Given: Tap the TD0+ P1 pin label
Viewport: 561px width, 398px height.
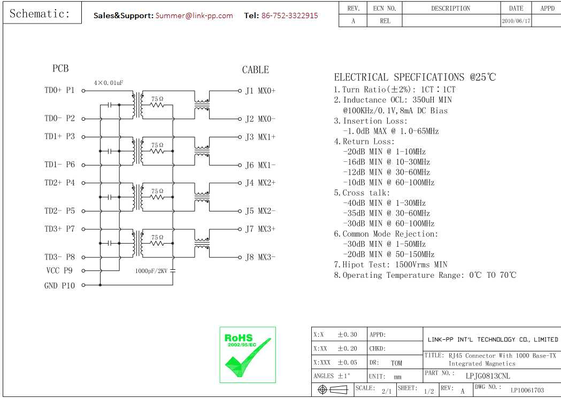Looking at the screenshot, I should tap(59, 90).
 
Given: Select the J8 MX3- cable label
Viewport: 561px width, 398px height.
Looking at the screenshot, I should tap(260, 257).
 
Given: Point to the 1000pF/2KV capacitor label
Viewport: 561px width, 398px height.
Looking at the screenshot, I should tap(151, 271).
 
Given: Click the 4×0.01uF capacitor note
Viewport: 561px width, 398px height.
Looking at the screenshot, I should tap(109, 83).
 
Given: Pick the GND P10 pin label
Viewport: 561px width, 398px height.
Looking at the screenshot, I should tap(59, 286).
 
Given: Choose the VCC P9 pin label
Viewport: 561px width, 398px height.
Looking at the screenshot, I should tap(59, 271).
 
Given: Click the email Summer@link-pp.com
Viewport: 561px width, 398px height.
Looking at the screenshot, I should tap(194, 15).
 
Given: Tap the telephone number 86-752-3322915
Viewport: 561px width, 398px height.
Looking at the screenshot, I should tap(289, 15).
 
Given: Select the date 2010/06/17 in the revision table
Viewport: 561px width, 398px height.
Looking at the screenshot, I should tap(516, 21).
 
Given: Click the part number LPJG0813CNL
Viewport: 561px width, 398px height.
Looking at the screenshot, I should tap(488, 376).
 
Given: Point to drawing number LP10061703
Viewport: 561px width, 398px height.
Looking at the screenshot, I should tap(527, 391).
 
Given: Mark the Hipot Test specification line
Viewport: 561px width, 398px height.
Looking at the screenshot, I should tap(391, 264).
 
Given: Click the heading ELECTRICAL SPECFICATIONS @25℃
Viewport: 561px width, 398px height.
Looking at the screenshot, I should tap(415, 77).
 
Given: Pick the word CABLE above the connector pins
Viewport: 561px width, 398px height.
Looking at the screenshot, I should tap(255, 70).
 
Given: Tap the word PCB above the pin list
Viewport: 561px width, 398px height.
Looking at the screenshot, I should tap(60, 68).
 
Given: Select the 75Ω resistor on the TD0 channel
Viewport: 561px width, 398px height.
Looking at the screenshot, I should tap(157, 104).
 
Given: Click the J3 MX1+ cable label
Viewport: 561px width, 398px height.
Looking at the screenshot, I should tap(260, 137).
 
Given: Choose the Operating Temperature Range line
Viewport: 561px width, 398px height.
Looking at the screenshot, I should tap(426, 275).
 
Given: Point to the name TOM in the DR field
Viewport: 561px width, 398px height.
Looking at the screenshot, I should tap(396, 363).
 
